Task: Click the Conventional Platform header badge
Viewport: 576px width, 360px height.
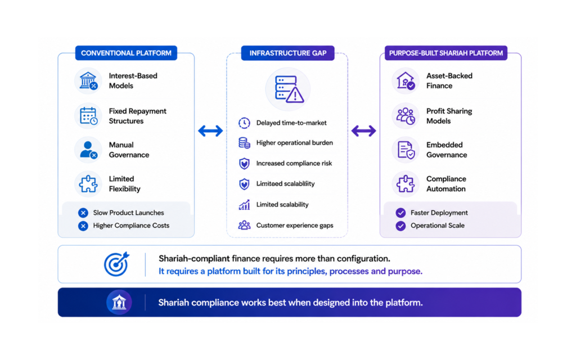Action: (126, 53)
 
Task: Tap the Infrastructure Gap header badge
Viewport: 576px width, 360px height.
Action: (287, 53)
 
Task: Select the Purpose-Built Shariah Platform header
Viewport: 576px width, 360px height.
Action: (445, 53)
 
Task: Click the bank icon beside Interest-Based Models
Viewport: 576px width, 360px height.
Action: (88, 80)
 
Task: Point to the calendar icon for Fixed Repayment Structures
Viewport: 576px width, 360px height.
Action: (88, 116)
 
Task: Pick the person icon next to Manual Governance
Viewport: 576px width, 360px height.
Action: (88, 150)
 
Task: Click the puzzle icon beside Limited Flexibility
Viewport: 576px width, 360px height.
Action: (88, 184)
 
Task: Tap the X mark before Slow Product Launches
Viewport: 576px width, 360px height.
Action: (83, 213)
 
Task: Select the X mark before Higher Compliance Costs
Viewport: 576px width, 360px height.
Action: (83, 226)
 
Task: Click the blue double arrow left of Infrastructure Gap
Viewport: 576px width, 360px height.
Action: (210, 130)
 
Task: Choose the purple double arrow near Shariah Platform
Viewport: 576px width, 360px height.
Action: (364, 130)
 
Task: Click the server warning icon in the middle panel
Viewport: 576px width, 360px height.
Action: (289, 89)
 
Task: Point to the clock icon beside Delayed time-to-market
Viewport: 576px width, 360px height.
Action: (244, 123)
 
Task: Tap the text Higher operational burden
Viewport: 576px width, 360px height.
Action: (295, 142)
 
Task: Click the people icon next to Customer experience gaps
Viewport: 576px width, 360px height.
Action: (244, 225)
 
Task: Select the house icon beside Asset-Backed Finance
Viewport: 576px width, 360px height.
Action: (405, 80)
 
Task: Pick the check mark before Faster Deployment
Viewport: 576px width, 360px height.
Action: (400, 213)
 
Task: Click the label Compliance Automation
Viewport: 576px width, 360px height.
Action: (446, 184)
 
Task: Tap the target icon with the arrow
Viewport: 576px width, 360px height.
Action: (116, 264)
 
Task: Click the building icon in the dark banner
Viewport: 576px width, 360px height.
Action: (119, 302)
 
